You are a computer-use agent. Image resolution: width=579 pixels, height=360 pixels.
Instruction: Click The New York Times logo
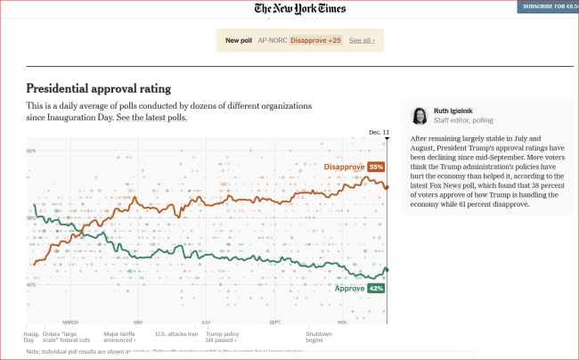pos(300,9)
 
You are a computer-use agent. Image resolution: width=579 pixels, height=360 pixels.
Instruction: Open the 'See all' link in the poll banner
pos(361,40)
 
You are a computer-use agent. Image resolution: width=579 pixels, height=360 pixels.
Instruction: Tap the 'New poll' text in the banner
pos(238,40)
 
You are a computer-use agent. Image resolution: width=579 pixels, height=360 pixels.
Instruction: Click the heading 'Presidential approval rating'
pos(98,89)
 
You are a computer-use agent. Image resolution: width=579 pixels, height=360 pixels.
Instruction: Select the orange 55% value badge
pos(375,167)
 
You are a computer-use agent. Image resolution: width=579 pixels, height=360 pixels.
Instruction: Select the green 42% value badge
pos(375,289)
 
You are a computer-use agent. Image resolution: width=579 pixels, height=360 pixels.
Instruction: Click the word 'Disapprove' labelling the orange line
pos(344,167)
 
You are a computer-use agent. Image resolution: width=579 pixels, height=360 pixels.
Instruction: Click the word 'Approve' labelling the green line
pos(349,289)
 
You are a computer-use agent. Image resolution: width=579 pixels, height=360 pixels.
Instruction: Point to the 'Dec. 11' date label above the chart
pos(379,132)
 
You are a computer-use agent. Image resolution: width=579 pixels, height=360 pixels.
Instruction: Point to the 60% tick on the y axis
pos(31,218)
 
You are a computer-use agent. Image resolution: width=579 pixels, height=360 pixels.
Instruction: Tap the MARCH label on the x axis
pos(70,322)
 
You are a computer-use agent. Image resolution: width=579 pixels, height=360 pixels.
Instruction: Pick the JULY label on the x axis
pos(206,322)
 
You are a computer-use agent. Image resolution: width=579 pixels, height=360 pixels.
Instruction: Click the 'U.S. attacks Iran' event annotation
pos(176,333)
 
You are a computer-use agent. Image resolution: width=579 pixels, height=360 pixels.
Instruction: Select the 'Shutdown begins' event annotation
pos(319,337)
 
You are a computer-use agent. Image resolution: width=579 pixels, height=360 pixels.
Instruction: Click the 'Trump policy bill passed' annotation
pos(223,337)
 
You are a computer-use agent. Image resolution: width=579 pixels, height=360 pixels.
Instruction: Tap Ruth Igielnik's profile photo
pos(419,116)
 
